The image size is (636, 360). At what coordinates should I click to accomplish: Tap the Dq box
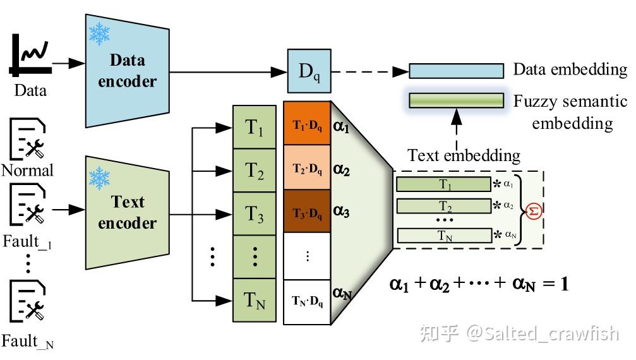click(x=309, y=70)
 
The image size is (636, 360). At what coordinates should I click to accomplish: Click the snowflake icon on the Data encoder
click(x=99, y=34)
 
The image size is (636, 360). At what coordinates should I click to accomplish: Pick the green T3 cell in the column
click(x=255, y=214)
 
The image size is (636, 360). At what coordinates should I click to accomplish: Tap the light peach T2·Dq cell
click(x=307, y=169)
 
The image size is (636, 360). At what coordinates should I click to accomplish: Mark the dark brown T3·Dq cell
click(x=307, y=212)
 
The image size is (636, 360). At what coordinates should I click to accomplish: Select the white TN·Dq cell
click(x=307, y=302)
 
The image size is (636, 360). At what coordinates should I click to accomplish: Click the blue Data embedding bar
click(x=456, y=70)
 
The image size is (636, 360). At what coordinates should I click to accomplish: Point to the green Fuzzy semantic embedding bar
click(x=456, y=100)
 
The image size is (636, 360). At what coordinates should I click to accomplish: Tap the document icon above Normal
click(x=28, y=138)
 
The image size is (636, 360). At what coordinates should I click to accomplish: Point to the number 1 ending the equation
click(x=563, y=284)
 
